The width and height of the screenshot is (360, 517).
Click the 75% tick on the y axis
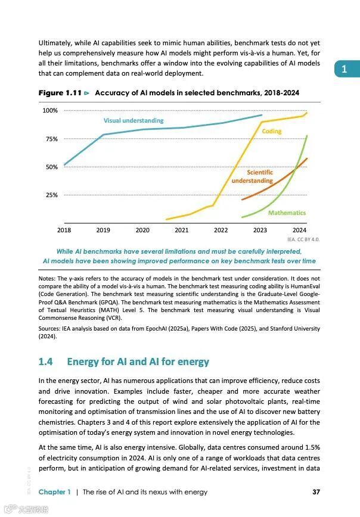click(50, 139)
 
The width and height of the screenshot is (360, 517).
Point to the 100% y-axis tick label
click(49, 111)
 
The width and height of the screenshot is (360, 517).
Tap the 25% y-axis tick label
click(50, 195)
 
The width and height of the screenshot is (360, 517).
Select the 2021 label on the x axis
click(182, 230)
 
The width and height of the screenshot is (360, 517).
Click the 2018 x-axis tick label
click(64, 230)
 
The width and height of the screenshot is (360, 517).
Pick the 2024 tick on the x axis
click(299, 230)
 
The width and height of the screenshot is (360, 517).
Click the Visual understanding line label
click(134, 121)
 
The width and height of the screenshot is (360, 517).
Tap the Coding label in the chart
click(272, 131)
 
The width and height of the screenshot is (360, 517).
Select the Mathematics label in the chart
click(287, 213)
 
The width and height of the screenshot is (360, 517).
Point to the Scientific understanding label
click(252, 176)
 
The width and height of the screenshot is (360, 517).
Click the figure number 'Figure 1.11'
click(60, 94)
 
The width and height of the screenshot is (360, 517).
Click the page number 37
click(316, 492)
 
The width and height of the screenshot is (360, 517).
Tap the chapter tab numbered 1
click(344, 70)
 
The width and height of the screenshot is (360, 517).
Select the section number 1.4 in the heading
click(46, 362)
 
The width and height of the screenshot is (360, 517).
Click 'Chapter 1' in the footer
click(55, 492)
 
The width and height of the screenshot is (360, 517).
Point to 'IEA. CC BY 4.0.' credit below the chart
click(303, 239)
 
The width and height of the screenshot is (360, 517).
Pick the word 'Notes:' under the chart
click(47, 279)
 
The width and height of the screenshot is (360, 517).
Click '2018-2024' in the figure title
click(280, 94)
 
